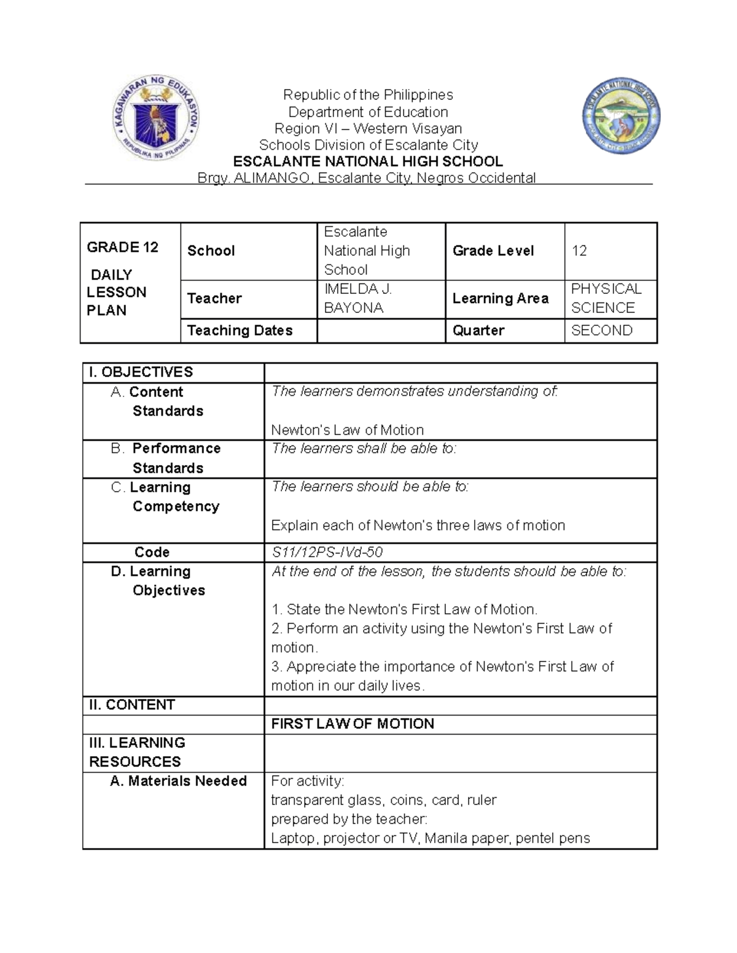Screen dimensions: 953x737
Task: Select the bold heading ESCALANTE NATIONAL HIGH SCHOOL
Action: (368, 161)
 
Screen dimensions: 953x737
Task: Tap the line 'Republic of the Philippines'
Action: (368, 95)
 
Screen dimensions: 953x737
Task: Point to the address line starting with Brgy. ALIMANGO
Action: (366, 178)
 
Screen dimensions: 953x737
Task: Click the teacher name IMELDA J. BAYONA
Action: (357, 298)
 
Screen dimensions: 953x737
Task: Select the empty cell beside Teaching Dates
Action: (380, 331)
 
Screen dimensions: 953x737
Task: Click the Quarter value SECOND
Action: (601, 331)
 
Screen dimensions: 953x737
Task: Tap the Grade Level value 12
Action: (579, 251)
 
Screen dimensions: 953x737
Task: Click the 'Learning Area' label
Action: (500, 298)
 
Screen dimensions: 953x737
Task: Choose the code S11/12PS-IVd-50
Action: (327, 552)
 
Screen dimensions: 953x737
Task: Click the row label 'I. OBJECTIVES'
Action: (141, 372)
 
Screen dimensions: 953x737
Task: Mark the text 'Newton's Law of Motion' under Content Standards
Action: (347, 430)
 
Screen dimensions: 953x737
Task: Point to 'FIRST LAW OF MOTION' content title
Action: (353, 724)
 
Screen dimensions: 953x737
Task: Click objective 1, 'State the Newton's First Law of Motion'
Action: (404, 609)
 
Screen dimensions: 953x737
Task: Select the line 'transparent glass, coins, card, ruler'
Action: (383, 800)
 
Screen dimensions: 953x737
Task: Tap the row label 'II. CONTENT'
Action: (132, 705)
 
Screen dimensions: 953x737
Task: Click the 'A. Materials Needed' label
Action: (178, 781)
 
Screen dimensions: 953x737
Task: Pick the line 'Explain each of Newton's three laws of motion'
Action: (418, 525)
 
